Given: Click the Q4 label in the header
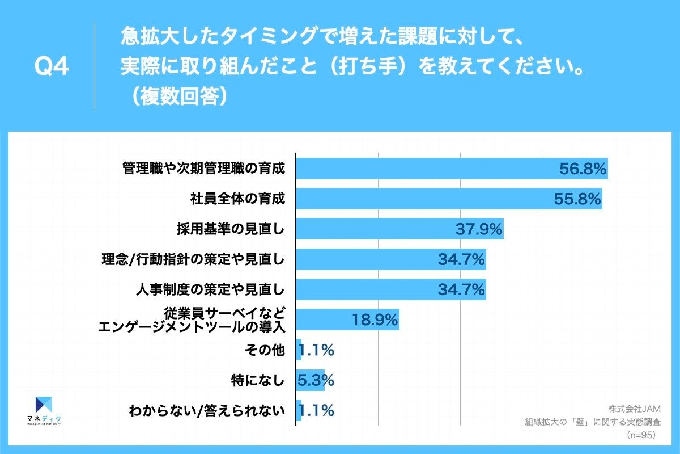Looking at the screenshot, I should point(52,67).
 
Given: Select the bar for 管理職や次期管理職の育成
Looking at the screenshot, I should point(425,169).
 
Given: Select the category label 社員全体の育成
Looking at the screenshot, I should point(236,199).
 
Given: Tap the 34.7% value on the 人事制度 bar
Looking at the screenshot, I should point(461,290).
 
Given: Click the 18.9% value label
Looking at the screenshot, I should point(375,320).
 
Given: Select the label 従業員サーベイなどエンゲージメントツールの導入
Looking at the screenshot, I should point(191,320).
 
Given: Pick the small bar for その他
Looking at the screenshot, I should point(299,350).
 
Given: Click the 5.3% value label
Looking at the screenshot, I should point(316,380).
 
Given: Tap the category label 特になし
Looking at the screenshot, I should point(257,381).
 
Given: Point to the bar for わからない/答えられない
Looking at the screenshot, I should point(299,410).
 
